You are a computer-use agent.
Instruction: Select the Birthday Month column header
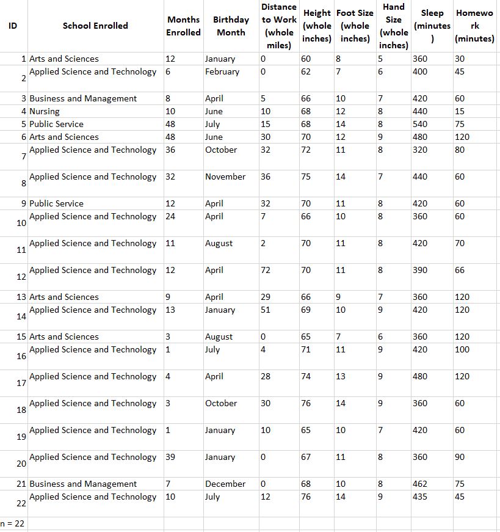[x=231, y=26]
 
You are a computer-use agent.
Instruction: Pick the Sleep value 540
[x=420, y=124]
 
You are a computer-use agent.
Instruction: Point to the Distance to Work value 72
[x=266, y=270]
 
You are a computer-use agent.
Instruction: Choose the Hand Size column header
[x=394, y=26]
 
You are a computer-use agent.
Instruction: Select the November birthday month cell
[x=225, y=177]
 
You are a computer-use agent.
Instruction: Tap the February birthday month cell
[x=222, y=71]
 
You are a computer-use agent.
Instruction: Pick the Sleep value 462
[x=420, y=484]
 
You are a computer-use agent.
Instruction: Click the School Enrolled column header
[x=95, y=26]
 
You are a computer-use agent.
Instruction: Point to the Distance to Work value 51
[x=266, y=310]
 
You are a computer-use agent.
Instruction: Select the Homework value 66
[x=460, y=270]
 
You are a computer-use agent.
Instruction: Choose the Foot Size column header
[x=355, y=26]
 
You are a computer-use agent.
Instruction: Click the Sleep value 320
[x=420, y=150]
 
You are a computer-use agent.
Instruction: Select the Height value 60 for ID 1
[x=306, y=59]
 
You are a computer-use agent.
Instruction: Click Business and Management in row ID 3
[x=83, y=98]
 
